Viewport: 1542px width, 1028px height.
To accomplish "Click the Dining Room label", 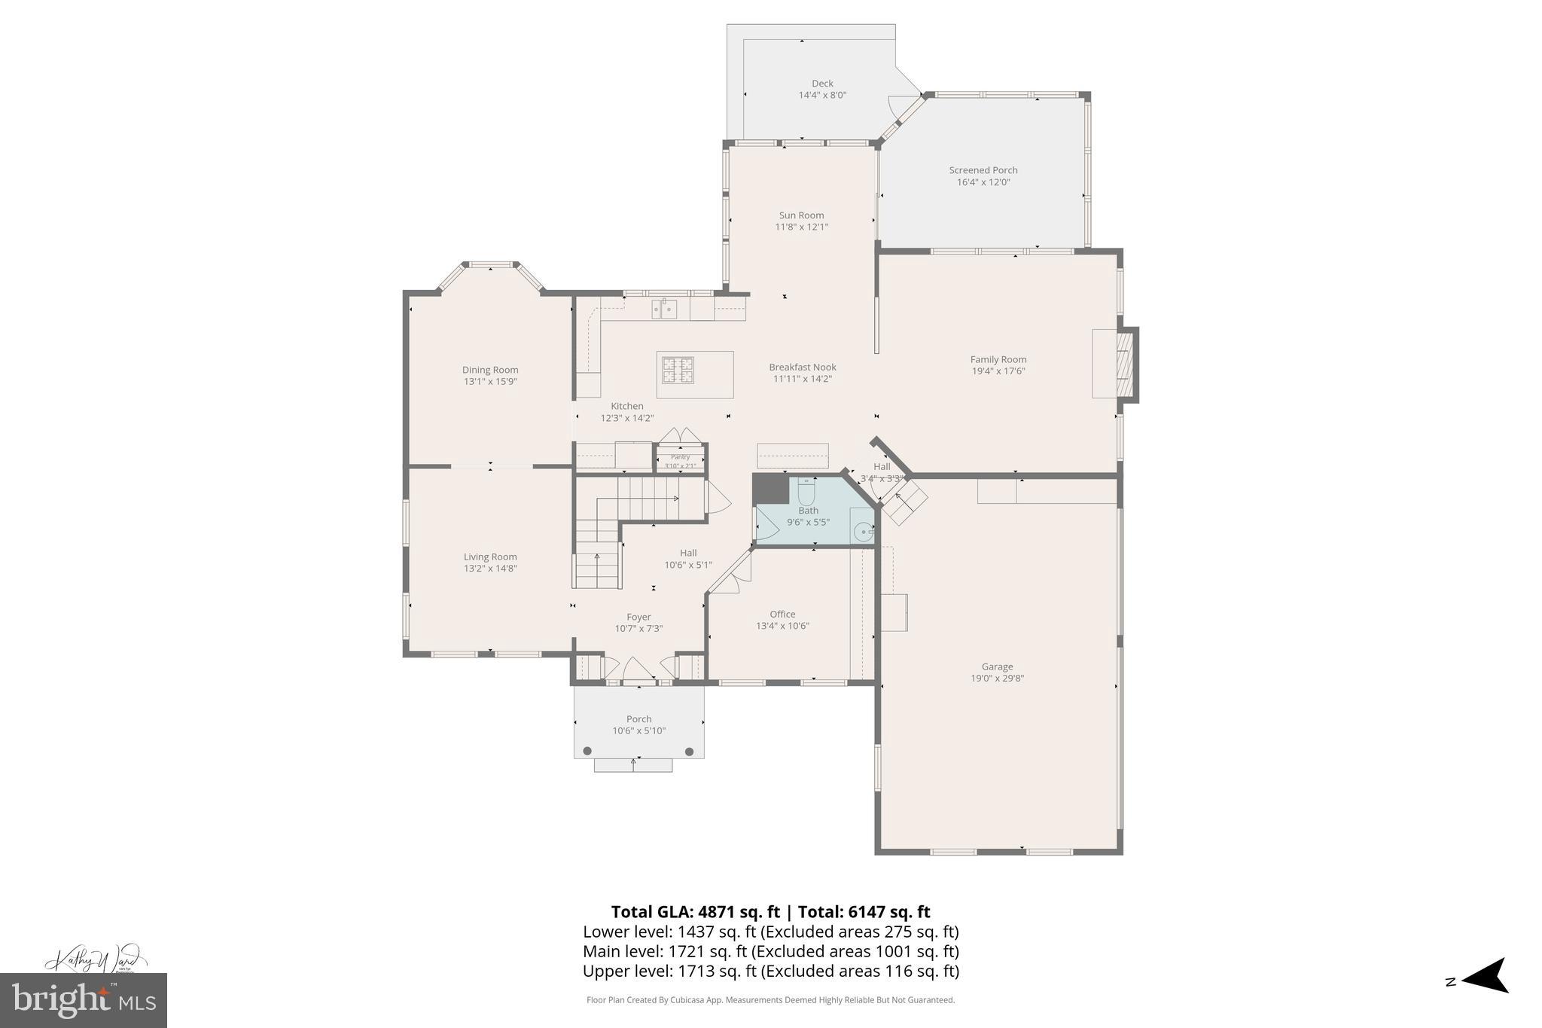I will pyautogui.click(x=490, y=370).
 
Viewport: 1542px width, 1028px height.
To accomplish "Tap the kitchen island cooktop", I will pyautogui.click(x=678, y=370).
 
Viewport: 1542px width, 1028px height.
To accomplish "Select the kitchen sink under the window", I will pyautogui.click(x=664, y=309).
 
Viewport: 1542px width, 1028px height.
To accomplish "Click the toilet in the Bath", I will pyautogui.click(x=806, y=492).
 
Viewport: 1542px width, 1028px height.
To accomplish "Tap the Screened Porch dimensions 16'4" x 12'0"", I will pyautogui.click(x=983, y=182).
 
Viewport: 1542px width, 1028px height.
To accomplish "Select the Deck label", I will pyautogui.click(x=822, y=84).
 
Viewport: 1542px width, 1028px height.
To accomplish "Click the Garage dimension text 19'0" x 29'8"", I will pyautogui.click(x=997, y=678).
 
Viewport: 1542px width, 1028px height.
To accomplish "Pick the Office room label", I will pyautogui.click(x=782, y=614).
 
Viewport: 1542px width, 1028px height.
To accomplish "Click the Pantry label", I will pyautogui.click(x=680, y=457).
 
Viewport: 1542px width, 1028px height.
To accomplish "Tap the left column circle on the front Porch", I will pyautogui.click(x=587, y=751).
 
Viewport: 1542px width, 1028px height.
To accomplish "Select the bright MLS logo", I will pyautogui.click(x=84, y=1000).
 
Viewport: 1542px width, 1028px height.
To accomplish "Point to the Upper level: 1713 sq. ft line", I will pyautogui.click(x=770, y=971).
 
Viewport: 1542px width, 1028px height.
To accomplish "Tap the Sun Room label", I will pyautogui.click(x=801, y=215).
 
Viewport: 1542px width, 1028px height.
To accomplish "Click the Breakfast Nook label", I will pyautogui.click(x=803, y=368).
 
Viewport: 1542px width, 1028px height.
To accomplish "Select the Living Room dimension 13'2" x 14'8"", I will pyautogui.click(x=490, y=569).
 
